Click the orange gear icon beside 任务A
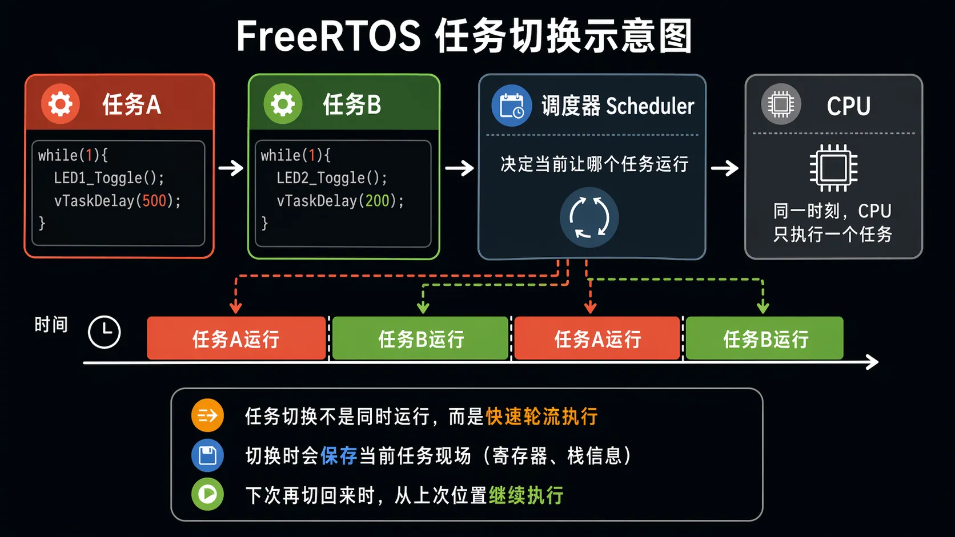point(60,104)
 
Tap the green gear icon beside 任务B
point(283,104)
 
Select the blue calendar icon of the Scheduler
point(511,106)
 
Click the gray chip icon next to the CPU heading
point(781,104)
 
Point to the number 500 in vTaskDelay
point(154,200)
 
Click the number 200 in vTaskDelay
point(377,200)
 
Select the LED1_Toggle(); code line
point(109,178)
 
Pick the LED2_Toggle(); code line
point(331,178)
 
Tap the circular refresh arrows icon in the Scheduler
point(589,217)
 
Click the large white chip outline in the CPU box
point(833,168)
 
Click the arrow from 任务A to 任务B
point(231,168)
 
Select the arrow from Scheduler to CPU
point(724,168)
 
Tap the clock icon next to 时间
point(105,332)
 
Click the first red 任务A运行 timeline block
point(236,338)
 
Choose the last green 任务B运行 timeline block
point(764,338)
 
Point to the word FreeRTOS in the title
point(328,36)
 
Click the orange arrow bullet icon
point(207,415)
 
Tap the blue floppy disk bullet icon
point(207,455)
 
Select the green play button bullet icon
point(207,494)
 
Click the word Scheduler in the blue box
point(650,106)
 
